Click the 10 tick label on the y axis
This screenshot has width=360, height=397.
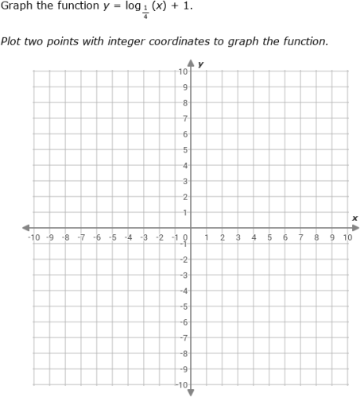[x=183, y=71]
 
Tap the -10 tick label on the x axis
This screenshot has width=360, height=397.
[x=33, y=237]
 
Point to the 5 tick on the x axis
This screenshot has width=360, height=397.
[x=269, y=237]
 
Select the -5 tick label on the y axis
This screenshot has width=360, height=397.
[x=183, y=306]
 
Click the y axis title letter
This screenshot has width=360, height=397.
[x=201, y=64]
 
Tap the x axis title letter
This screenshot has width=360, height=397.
[x=354, y=218]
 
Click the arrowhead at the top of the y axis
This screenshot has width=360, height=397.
[x=191, y=62]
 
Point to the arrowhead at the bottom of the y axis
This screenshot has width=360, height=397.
[x=191, y=392]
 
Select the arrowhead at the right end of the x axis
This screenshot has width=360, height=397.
[x=354, y=228]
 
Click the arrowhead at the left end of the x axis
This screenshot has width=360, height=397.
[x=25, y=228]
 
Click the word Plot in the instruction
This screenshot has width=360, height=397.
[x=11, y=41]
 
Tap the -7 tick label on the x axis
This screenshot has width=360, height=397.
[x=81, y=237]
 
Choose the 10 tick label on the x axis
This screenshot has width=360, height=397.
[x=347, y=237]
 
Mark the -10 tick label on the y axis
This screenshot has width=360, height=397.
[x=181, y=385]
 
